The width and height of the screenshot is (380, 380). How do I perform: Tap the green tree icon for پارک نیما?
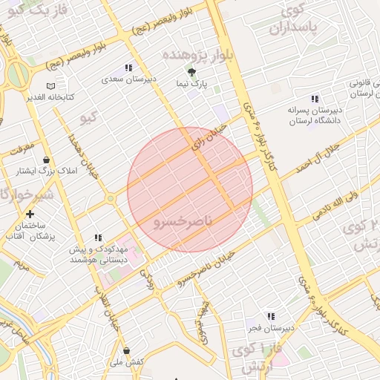pos(192,72)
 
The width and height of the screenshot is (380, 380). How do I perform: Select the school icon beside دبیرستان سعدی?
pos(129,68)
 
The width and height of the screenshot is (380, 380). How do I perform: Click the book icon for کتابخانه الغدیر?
pos(50,87)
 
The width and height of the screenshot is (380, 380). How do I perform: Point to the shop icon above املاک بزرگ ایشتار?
pos(46,160)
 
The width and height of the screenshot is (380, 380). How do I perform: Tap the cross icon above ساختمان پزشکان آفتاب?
pos(30,214)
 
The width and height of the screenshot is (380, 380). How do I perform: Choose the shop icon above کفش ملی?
pos(126,350)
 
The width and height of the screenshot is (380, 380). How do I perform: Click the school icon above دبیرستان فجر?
pos(270,316)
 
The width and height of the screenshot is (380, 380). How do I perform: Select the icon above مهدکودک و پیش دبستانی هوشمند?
pos(97,238)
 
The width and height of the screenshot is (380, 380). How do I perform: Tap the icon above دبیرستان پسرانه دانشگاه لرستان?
pos(315,99)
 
